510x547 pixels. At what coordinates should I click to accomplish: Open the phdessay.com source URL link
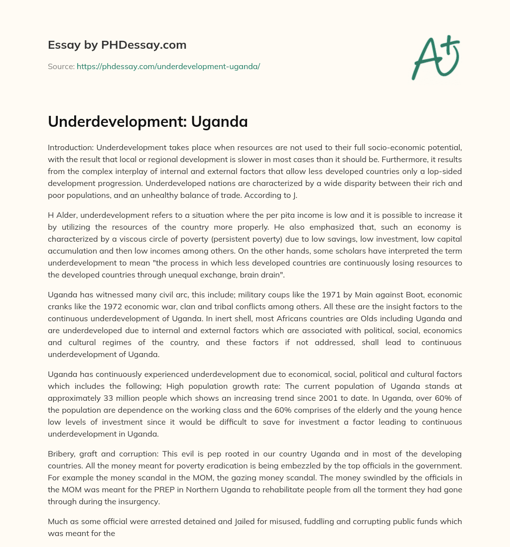click(168, 66)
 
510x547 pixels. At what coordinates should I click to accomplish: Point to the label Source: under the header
click(61, 66)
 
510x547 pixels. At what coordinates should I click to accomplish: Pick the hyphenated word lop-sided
click(445, 171)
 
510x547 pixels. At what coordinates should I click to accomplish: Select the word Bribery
click(62, 454)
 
